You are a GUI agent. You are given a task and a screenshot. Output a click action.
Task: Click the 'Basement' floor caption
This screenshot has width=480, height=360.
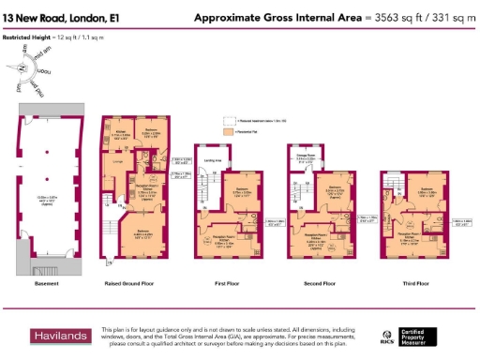(x=47, y=283)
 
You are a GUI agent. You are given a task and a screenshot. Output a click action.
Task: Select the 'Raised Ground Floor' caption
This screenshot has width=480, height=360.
(x=136, y=283)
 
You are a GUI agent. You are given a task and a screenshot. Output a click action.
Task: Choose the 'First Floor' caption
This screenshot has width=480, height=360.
(x=229, y=283)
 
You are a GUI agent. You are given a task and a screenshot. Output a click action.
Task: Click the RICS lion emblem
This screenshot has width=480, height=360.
(x=387, y=336)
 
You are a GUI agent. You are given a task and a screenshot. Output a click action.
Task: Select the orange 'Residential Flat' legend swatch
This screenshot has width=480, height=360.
(x=227, y=133)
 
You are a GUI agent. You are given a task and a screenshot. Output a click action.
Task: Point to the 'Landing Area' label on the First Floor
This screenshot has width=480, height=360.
(x=212, y=159)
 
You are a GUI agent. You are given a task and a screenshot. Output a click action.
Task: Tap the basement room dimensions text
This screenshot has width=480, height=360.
(x=48, y=199)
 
